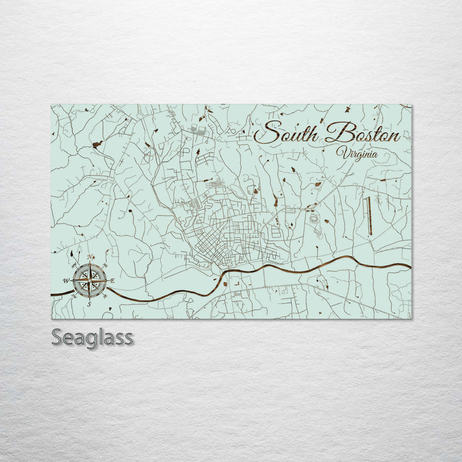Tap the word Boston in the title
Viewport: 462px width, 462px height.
coord(363,134)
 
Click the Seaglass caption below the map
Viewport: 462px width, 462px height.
coord(92,337)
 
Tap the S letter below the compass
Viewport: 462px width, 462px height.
coord(89,304)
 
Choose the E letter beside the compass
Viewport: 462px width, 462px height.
coord(112,281)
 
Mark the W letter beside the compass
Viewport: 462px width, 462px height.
coord(66,281)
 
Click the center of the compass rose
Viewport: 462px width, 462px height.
coord(90,280)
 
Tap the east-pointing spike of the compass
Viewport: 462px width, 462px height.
coord(104,280)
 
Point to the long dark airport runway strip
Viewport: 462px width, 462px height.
coord(368,214)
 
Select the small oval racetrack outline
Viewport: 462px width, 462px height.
coord(314,219)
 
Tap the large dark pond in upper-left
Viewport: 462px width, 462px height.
coord(97,145)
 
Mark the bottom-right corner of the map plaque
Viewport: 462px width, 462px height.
coord(411,318)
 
